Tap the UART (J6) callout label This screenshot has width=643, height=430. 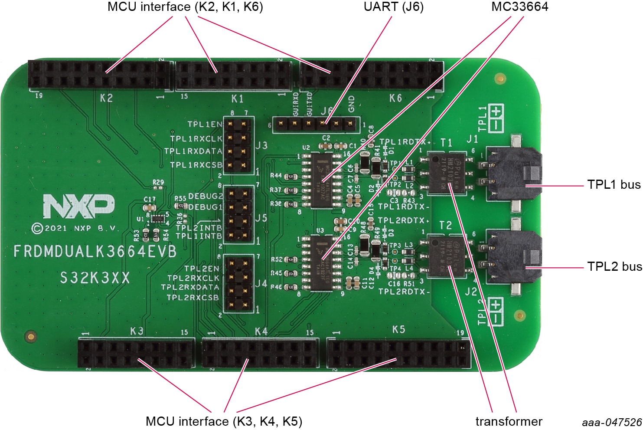coord(393,7)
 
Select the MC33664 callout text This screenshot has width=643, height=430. coord(519,7)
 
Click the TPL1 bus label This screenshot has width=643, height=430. coord(614,185)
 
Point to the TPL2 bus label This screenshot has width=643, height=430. coord(614,266)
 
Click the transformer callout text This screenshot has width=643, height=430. coord(509,421)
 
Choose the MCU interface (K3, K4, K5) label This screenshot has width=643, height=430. coord(224,421)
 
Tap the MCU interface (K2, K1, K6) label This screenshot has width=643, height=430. coord(185,7)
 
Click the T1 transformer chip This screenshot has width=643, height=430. coord(446,173)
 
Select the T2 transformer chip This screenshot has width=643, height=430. coord(446,256)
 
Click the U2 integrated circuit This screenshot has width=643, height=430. coord(322,180)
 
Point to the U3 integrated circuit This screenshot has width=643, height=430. coord(322,263)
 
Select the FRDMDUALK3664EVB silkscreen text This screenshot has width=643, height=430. coord(95,252)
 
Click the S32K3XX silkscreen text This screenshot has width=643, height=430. coord(95,278)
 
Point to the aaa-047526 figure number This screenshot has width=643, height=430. coord(612,422)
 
